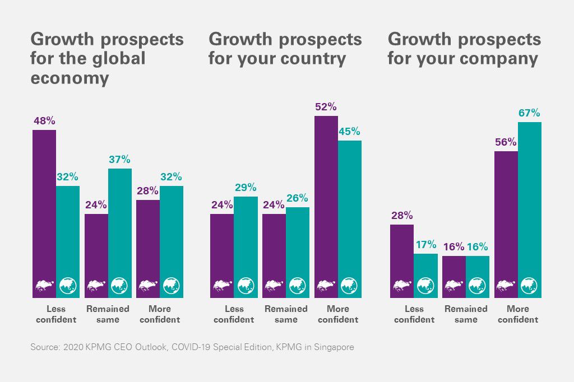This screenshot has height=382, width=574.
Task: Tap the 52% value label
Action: pyautogui.click(x=326, y=106)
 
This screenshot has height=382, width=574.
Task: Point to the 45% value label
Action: pyautogui.click(x=349, y=132)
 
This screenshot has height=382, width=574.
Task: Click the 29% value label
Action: pyautogui.click(x=246, y=188)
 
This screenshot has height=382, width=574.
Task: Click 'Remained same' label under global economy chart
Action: pyautogui.click(x=108, y=314)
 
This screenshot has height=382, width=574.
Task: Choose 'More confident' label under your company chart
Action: pyautogui.click(x=518, y=314)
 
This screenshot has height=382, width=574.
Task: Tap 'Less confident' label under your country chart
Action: pyautogui.click(x=234, y=314)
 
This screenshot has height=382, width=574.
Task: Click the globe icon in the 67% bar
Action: pyautogui.click(x=529, y=286)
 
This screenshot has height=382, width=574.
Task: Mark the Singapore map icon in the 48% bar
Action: pyautogui.click(x=44, y=286)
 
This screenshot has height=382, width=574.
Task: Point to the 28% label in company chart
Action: pyautogui.click(x=402, y=216)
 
